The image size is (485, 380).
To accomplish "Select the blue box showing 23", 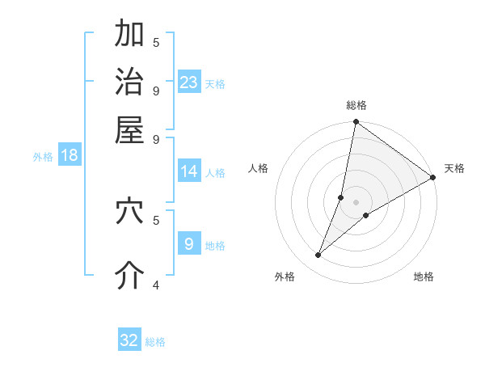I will pos(189,82).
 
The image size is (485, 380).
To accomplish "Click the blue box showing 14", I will pos(189,171).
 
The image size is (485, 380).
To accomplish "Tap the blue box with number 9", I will pos(189,243).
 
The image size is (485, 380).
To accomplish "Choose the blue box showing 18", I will pos(70,155).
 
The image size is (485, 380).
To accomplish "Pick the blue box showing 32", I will pos(129,340).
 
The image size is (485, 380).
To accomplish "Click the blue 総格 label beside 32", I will pos(155,342).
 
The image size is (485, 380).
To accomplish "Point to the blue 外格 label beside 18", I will pos(43,157).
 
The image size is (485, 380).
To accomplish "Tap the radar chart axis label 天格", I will pos(454,168).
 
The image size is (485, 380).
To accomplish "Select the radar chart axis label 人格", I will pos(259,168).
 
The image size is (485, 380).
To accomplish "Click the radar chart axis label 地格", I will pos(424,277).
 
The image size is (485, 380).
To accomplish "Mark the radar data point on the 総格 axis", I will pos(356,123).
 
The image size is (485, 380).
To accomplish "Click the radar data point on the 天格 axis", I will pos(432,177).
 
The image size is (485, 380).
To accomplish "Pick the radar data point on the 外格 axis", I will pos(318,255).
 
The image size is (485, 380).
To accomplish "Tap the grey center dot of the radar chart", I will pos(356,202).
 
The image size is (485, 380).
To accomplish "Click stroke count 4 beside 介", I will pos(156,285).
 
